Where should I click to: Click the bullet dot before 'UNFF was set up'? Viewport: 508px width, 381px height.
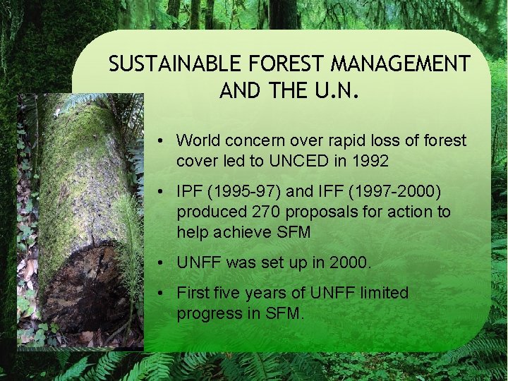(x=162, y=262)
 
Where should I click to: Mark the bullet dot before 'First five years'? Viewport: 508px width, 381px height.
(x=162, y=293)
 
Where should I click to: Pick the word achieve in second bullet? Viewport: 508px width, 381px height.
(x=249, y=231)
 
